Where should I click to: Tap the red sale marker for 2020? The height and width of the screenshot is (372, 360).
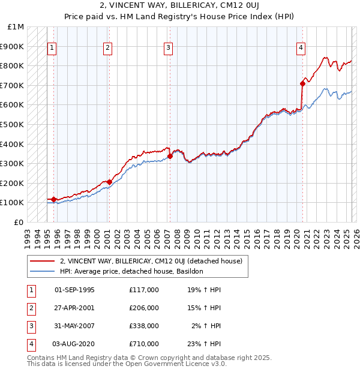pos(302,84)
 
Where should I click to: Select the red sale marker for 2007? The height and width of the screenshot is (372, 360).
pos(170,156)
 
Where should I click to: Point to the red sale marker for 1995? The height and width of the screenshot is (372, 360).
pos(53,199)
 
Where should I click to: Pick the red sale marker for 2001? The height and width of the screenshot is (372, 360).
pos(109,182)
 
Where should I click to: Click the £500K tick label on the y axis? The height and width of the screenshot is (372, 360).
pos(12,124)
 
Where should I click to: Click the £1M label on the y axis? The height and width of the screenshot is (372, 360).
pos(16,27)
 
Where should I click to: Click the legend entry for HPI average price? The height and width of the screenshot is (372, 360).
pos(131,271)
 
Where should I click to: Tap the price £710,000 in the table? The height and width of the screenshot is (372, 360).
pos(144,344)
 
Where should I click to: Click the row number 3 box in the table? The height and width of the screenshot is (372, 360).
pos(30,326)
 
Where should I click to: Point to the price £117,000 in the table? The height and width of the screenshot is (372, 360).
pos(144,290)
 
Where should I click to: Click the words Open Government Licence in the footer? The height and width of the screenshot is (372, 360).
pos(163,364)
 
